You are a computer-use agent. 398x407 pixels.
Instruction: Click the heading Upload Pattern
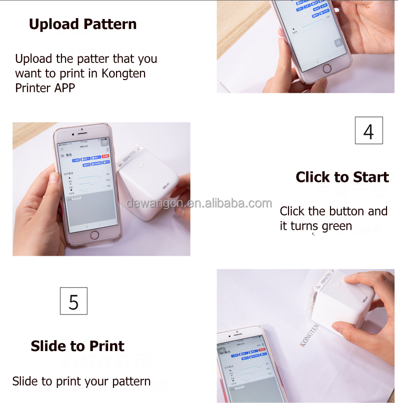pyautogui.click(x=82, y=24)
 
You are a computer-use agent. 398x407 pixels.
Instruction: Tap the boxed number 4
pyautogui.click(x=368, y=131)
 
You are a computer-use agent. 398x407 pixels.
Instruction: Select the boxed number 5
pyautogui.click(x=73, y=301)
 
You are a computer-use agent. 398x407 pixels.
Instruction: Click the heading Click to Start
pyautogui.click(x=342, y=177)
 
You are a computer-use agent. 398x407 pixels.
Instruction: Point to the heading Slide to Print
pyautogui.click(x=77, y=346)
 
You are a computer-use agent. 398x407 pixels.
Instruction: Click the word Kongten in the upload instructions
pyautogui.click(x=123, y=73)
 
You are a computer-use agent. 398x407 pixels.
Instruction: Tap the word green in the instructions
pyautogui.click(x=337, y=226)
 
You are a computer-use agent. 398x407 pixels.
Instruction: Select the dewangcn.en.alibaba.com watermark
pyautogui.click(x=199, y=203)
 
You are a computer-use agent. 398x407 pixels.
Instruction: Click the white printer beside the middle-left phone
pyautogui.click(x=147, y=187)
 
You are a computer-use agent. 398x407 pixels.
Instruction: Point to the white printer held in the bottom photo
pyautogui.click(x=345, y=300)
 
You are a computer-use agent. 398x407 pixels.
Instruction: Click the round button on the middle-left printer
pyautogui.click(x=138, y=163)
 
